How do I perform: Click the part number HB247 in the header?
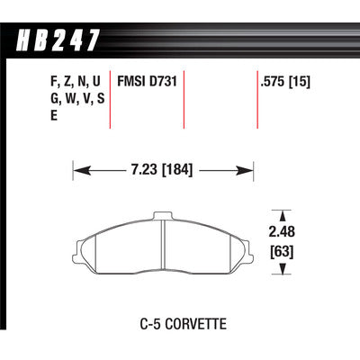(x=58, y=40)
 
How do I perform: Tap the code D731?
(x=163, y=82)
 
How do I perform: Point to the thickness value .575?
(x=273, y=82)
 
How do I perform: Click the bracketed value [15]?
(x=299, y=82)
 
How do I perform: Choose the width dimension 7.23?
(x=144, y=170)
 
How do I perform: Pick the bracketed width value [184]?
(x=177, y=170)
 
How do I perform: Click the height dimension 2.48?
(x=282, y=231)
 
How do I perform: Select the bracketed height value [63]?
(x=282, y=251)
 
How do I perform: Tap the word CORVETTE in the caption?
(x=196, y=324)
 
